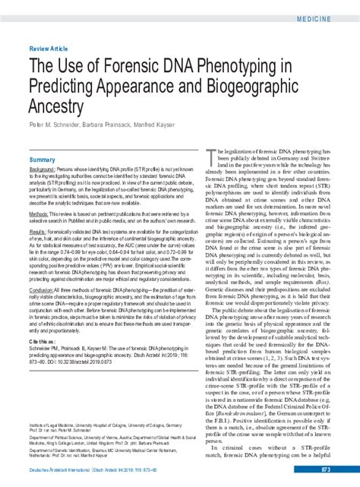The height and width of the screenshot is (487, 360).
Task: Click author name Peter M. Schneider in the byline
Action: coord(56,134)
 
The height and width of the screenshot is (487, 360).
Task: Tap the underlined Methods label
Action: coord(39,215)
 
